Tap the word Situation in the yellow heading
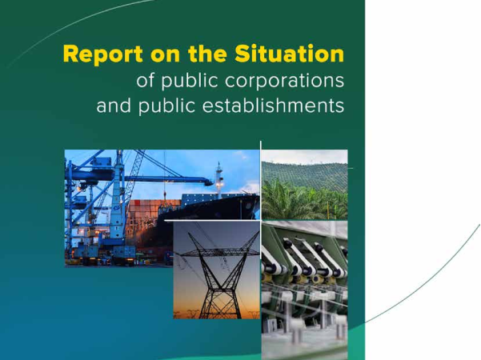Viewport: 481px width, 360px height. point(289,54)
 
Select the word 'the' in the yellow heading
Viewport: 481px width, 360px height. point(207,54)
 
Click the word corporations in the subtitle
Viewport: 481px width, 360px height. point(284,82)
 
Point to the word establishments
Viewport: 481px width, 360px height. point(273,106)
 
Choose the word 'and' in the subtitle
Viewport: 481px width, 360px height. point(114,106)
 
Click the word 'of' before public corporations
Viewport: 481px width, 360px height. point(146,80)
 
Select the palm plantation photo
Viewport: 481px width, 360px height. point(305,185)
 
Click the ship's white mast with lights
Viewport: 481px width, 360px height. point(218,179)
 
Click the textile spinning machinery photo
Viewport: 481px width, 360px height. point(305,290)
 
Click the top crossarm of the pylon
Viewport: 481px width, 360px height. point(219,252)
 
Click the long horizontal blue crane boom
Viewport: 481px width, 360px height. point(166,178)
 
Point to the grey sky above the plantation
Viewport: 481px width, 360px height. point(305,156)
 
